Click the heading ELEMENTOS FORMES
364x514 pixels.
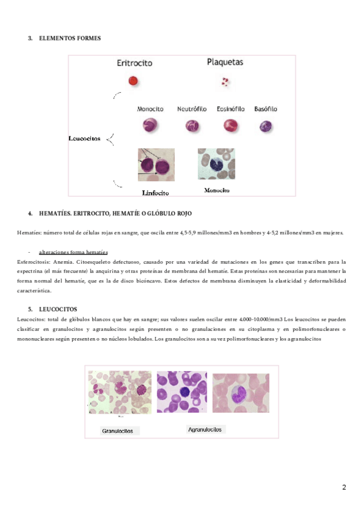tap(69, 38)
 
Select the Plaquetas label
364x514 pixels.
tap(225, 62)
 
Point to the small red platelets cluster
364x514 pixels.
tap(225, 81)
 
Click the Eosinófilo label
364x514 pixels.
tap(231, 109)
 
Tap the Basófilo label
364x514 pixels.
tap(266, 109)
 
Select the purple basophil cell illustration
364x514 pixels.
tap(266, 126)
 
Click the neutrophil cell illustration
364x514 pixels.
tap(192, 125)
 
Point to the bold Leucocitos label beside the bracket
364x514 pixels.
tap(84, 139)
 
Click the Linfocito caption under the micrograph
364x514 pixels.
tap(155, 193)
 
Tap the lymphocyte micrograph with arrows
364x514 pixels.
tap(156, 165)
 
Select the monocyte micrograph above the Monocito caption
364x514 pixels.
tap(216, 164)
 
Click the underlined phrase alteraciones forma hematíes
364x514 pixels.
tap(73, 252)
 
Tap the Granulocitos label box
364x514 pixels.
tap(120, 431)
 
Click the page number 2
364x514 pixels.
tap(344, 487)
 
